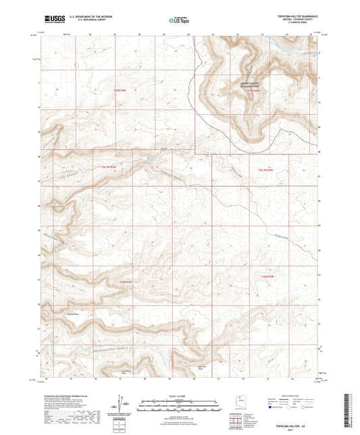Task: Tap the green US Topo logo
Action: point(177,21)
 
